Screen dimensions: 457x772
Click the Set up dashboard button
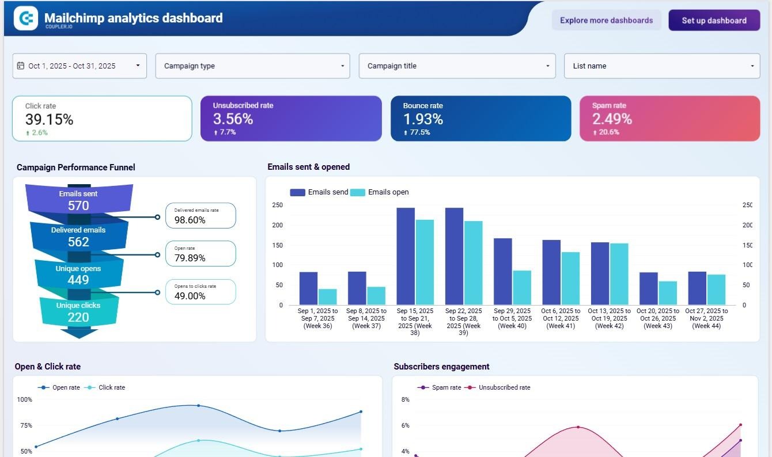point(714,20)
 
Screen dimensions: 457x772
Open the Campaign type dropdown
point(252,66)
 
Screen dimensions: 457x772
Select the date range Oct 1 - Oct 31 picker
point(80,66)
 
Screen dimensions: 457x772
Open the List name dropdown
point(662,66)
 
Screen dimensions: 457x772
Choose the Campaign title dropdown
point(457,66)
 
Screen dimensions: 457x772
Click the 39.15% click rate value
point(49,119)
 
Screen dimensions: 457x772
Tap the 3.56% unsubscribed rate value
point(233,119)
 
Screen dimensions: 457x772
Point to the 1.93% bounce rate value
point(423,119)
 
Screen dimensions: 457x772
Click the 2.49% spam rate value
point(612,119)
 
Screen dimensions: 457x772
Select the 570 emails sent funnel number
point(78,205)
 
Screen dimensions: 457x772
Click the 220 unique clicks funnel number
point(78,317)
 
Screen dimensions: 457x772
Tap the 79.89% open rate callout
point(200,254)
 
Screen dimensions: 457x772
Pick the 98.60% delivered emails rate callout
point(200,216)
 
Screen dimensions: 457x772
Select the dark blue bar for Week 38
point(406,256)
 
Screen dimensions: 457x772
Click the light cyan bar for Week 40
point(522,287)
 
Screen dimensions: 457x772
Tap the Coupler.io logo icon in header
point(25,18)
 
